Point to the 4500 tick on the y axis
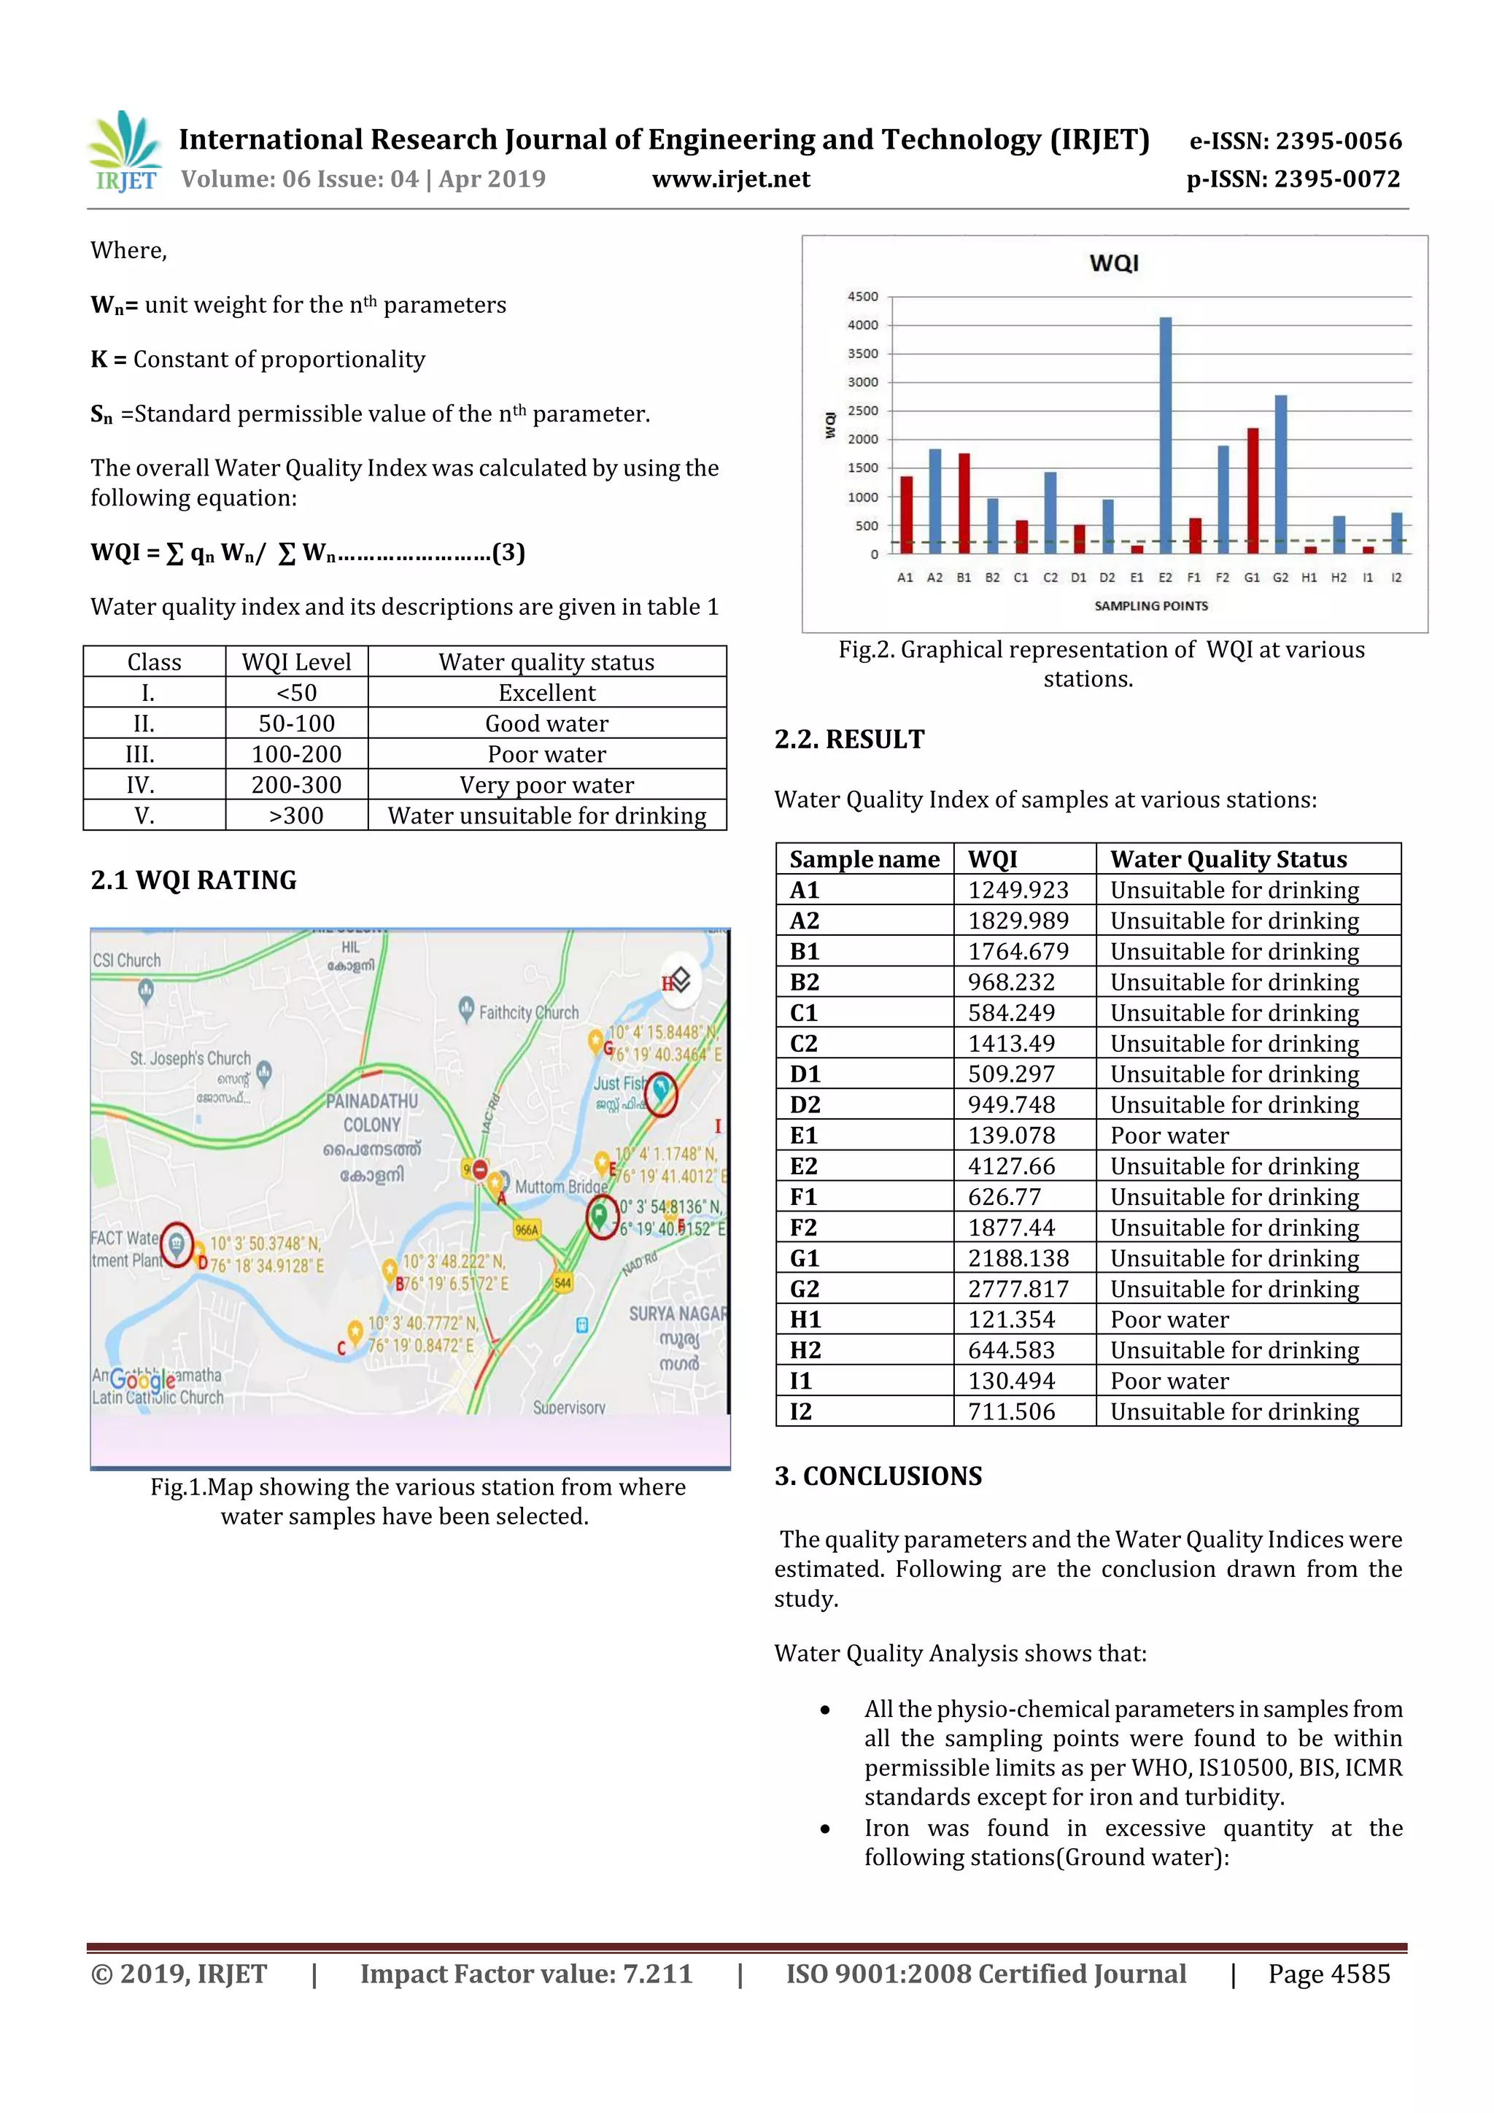[862, 296]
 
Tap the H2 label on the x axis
[1339, 577]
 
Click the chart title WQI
[1114, 263]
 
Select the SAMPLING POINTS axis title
[1150, 605]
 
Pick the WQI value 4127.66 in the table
[1011, 1166]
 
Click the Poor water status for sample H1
[1169, 1319]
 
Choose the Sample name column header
[864, 858]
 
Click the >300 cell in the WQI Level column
[296, 815]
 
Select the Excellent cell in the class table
[547, 693]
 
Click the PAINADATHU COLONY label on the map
[371, 1112]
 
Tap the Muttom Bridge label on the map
[560, 1186]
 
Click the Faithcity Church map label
[527, 1012]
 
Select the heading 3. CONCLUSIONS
[878, 1476]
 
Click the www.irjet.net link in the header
[731, 179]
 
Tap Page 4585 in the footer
[1328, 1974]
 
